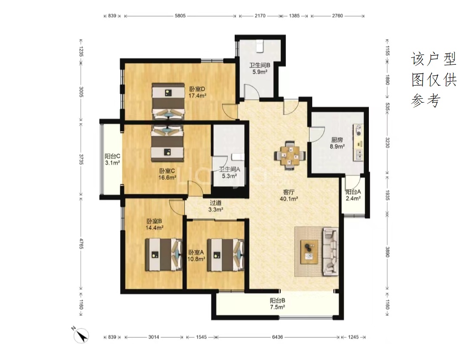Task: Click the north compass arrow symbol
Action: coord(80,335)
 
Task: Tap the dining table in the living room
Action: coord(290,156)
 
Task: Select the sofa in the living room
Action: coord(331,251)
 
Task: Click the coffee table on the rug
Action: coord(309,251)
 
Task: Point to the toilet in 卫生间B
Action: coord(259,46)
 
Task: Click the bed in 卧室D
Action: coord(168,101)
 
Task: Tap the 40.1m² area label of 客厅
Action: coord(289,199)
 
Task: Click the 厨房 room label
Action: coord(337,140)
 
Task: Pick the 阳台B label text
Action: coord(277,300)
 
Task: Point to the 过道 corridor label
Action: coord(216,203)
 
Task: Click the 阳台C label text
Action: coord(112,156)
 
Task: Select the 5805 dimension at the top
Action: coord(180,16)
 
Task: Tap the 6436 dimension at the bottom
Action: coord(277,337)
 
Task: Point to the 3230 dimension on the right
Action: coord(387,143)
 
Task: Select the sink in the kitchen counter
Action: coord(359,155)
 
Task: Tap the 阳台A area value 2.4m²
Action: coord(353,199)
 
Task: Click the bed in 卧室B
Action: coord(164,255)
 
